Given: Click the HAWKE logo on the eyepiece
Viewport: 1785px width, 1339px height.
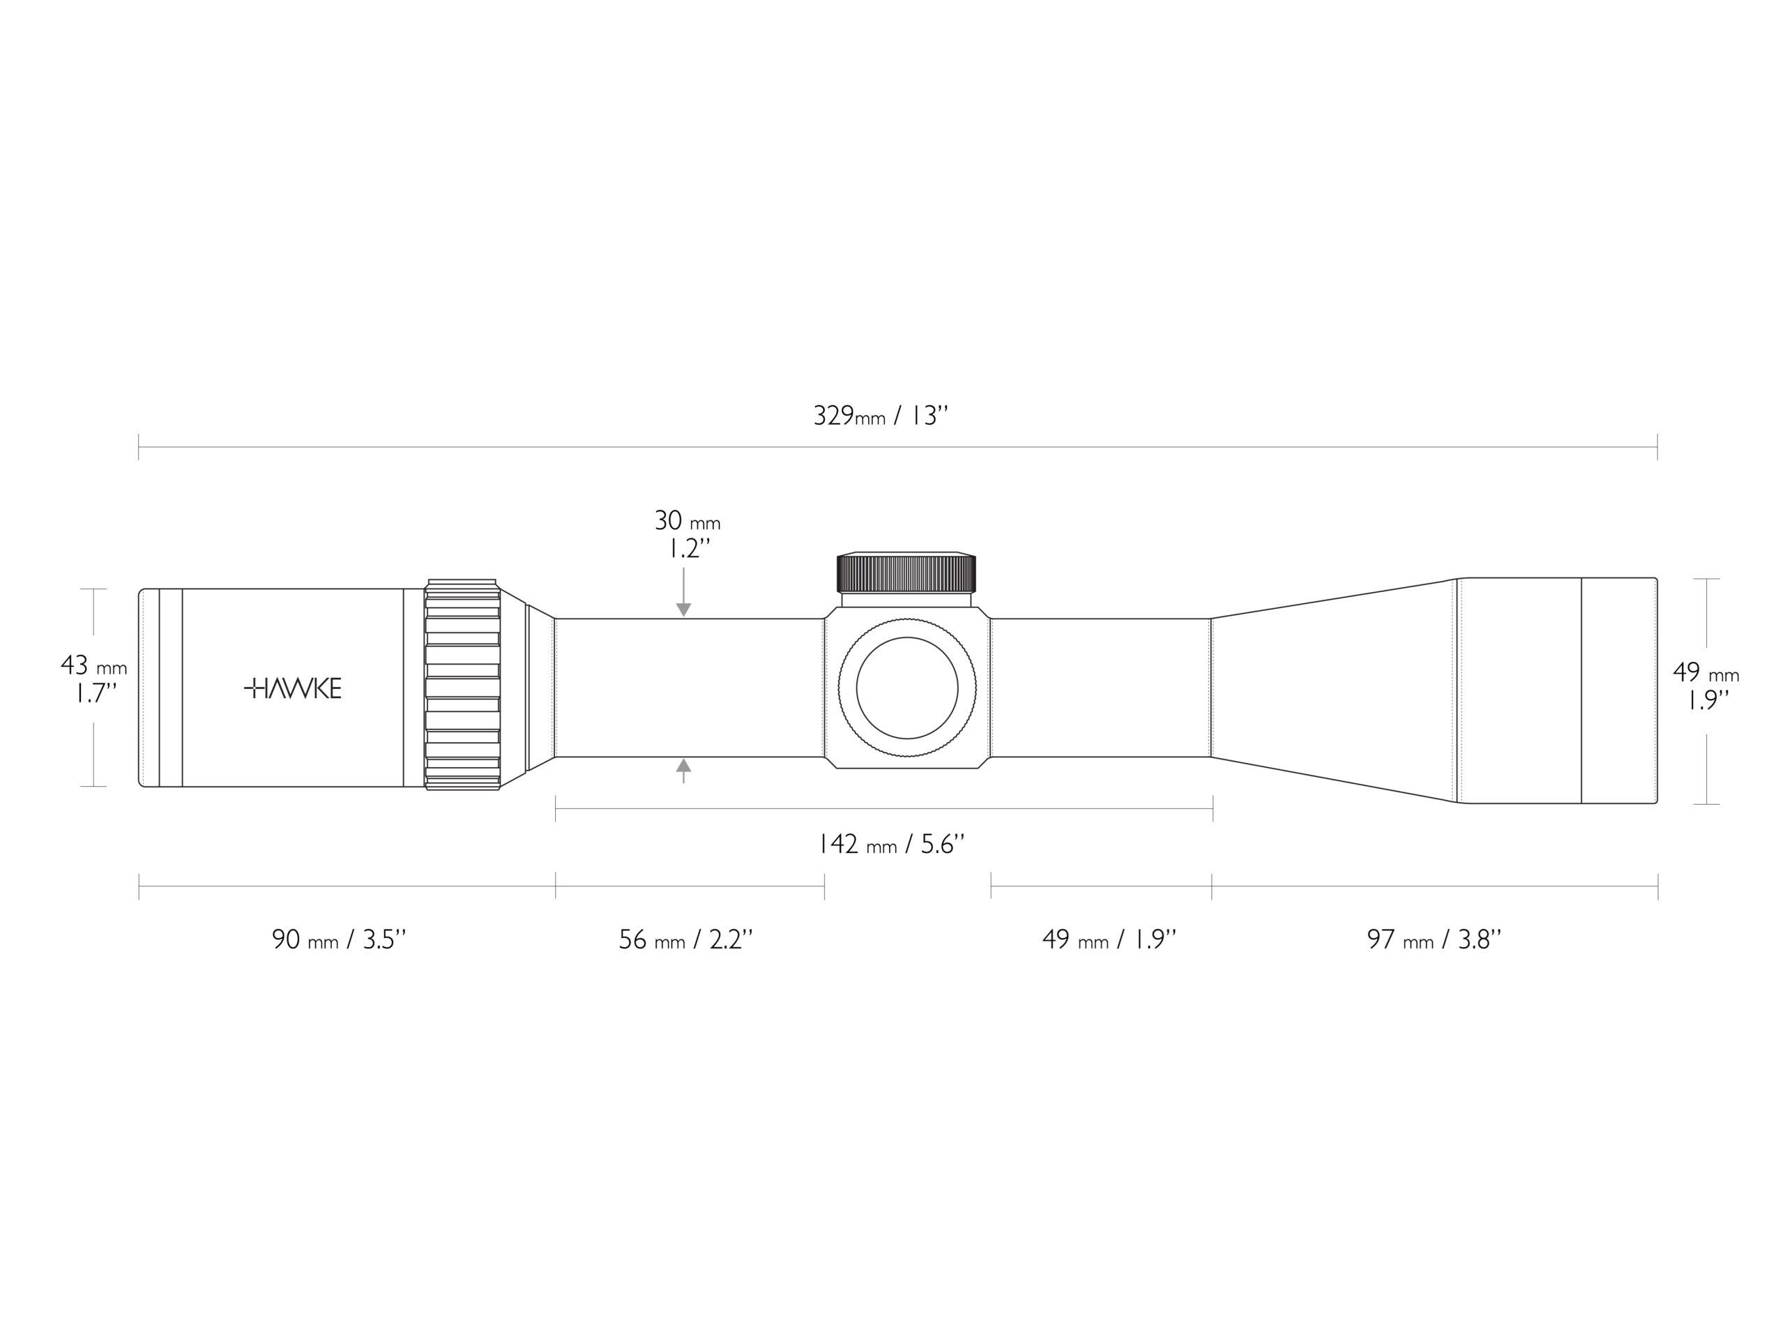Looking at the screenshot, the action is pos(293,688).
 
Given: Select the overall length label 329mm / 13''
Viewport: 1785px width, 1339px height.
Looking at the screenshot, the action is pos(881,416).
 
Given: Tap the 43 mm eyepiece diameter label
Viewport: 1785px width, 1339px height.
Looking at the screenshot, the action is pos(93,666).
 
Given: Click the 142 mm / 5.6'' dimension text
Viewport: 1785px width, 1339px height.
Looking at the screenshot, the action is pos(892,845).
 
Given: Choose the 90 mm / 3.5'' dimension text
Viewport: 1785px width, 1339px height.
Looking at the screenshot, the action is pos(339,939).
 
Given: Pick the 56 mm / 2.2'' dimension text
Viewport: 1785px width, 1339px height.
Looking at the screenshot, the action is pos(686,939).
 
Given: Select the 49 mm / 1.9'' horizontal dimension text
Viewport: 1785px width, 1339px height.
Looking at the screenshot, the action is pos(1109,939).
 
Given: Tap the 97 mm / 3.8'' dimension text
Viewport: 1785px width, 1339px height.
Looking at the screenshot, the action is pos(1434,939).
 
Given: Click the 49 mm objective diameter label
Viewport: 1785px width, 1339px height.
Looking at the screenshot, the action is pos(1706,672).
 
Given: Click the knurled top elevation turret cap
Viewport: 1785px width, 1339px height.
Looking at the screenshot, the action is pos(906,573).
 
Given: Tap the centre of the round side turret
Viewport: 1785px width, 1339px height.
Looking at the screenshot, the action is pos(907,688).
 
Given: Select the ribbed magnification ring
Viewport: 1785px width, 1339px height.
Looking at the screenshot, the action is pos(462,684).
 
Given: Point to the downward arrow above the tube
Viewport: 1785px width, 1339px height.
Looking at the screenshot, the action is pos(683,592).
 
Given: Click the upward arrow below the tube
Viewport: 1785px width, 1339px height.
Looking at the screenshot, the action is pos(683,771).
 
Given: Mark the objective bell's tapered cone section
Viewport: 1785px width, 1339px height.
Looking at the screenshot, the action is pos(1333,690).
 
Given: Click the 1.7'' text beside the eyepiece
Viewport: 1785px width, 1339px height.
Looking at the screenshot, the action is pos(96,694).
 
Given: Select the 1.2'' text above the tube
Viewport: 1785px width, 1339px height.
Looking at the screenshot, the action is pos(689,550).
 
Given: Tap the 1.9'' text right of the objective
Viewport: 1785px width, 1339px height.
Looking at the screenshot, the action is pos(1708,701).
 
